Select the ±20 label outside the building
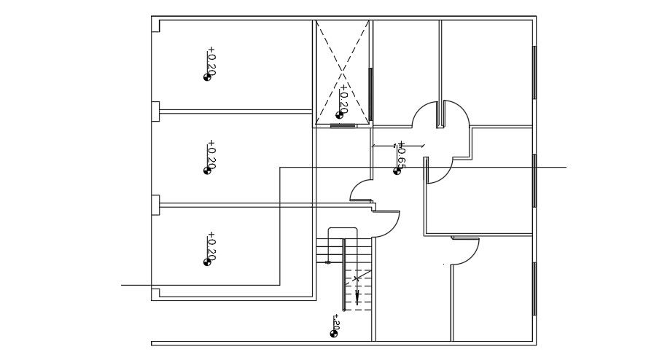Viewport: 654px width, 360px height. pos(336,321)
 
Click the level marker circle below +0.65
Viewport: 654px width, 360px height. pos(397,171)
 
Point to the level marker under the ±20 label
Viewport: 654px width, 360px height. pos(334,333)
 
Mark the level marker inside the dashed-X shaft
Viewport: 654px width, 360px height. pos(339,114)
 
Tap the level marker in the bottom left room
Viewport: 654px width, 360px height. pos(207,262)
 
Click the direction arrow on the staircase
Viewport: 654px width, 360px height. pos(357,295)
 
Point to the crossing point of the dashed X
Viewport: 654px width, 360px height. pos(343,71)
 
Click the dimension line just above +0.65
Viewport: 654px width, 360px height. pos(397,146)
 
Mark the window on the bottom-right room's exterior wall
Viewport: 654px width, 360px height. pos(534,288)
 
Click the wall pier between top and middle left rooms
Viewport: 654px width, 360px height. pos(155,111)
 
